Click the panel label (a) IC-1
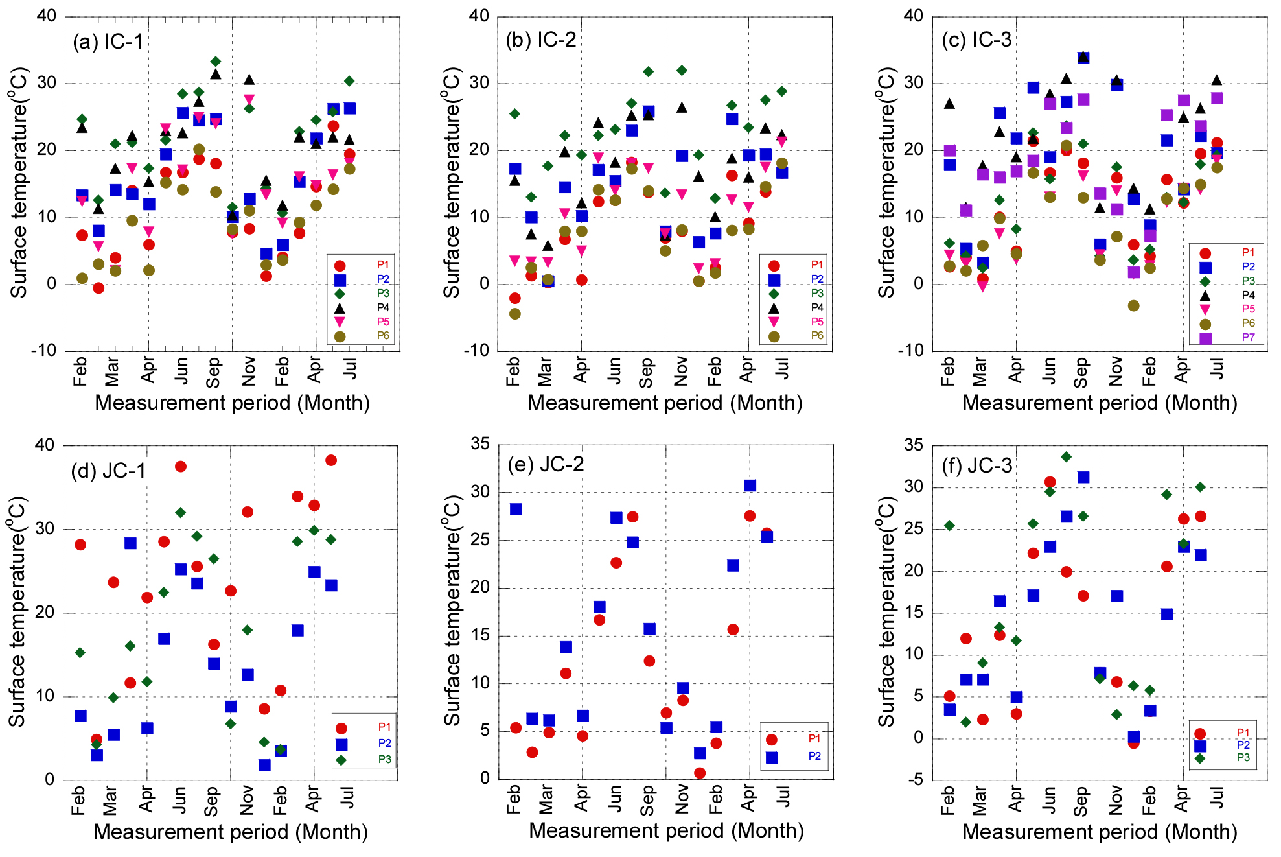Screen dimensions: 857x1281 [108, 42]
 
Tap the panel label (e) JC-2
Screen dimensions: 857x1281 [546, 464]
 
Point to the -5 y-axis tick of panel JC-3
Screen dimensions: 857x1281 [915, 780]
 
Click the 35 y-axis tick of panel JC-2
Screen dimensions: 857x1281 [480, 444]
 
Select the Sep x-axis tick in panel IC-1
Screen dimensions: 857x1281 [214, 371]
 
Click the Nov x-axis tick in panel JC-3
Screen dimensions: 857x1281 [1116, 801]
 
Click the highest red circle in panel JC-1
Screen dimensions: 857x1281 [330, 460]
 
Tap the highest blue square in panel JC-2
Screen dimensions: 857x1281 [750, 486]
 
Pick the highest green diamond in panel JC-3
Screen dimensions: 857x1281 [1066, 457]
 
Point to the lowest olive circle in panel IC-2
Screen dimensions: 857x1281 [514, 314]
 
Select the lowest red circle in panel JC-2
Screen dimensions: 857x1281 [699, 773]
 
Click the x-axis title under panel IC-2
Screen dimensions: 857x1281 [665, 403]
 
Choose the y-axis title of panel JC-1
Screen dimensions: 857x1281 [17, 611]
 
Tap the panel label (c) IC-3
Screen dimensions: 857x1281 [976, 40]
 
